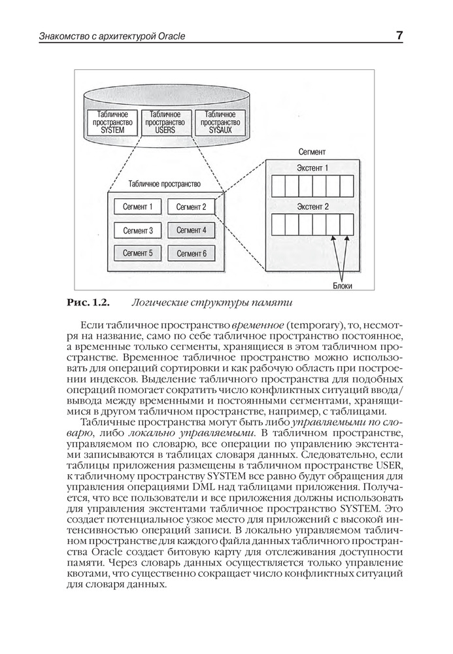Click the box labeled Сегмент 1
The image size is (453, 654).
(137, 207)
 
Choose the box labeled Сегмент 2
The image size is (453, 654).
(191, 207)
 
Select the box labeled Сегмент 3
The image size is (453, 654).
(137, 230)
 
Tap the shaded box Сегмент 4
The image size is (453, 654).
(191, 230)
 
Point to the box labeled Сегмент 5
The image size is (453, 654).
(137, 253)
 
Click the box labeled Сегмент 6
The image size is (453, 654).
(191, 253)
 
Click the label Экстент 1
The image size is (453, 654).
(312, 168)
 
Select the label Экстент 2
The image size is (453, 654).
(312, 207)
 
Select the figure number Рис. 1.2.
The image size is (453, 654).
(88, 302)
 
